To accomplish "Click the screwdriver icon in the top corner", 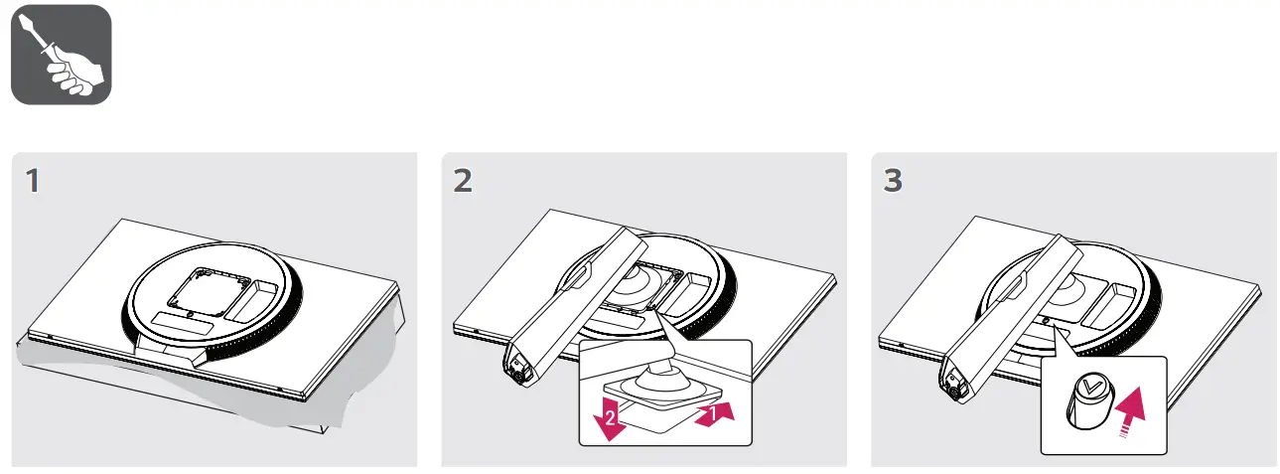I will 61,55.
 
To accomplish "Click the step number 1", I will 34,182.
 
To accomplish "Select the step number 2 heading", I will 463,182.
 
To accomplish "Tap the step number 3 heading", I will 893,182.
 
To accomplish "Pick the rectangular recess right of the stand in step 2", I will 687,291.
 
